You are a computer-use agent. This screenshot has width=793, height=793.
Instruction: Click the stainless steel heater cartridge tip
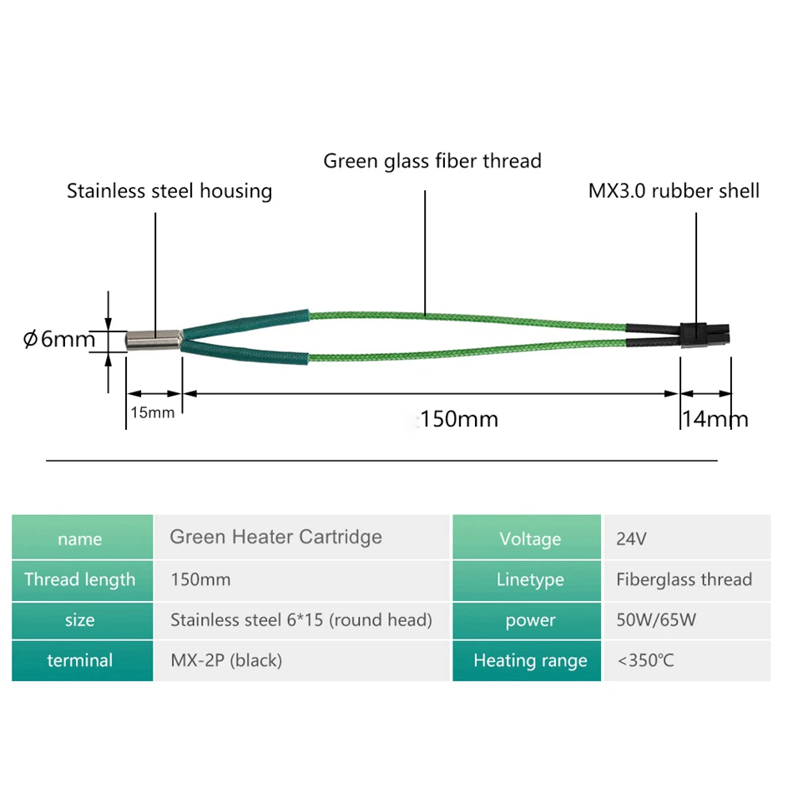tap(154, 340)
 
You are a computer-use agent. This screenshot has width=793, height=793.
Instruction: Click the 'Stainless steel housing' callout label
tap(169, 191)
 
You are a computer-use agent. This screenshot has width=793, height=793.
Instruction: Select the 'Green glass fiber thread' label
tap(432, 161)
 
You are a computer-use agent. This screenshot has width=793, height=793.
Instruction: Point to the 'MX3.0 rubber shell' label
tap(674, 190)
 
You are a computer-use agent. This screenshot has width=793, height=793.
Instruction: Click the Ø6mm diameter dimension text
tap(59, 339)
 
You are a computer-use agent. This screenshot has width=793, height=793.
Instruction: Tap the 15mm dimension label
tap(152, 412)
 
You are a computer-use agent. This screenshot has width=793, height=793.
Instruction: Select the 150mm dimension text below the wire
tap(459, 419)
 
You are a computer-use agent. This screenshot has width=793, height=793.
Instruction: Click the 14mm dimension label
tap(715, 419)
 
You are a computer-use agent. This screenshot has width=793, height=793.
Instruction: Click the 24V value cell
tap(687, 537)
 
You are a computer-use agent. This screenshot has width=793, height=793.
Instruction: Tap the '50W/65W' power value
tap(656, 620)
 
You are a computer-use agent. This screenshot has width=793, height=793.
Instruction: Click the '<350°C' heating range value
tap(645, 660)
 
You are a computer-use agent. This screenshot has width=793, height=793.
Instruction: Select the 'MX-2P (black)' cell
tap(302, 660)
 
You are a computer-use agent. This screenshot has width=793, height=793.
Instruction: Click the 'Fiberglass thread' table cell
tap(687, 580)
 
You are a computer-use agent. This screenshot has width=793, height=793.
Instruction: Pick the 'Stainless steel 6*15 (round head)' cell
tap(302, 620)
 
